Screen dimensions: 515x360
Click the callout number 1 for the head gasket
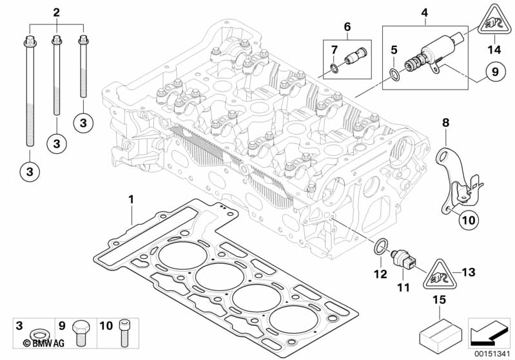[131, 199]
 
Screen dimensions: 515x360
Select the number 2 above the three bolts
[57, 13]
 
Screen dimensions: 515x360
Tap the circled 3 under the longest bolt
[30, 171]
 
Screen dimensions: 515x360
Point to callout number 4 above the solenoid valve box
[424, 13]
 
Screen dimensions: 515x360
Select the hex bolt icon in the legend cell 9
[79, 333]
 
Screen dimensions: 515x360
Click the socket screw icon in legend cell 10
[124, 334]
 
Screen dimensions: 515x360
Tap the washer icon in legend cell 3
[39, 335]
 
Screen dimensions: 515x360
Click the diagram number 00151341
[492, 354]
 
